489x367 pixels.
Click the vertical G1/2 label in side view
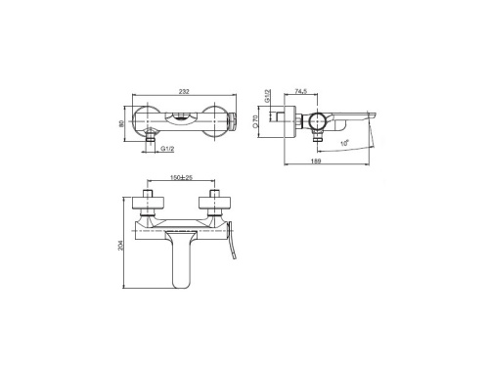tap(267, 98)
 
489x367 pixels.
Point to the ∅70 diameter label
tap(267, 122)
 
